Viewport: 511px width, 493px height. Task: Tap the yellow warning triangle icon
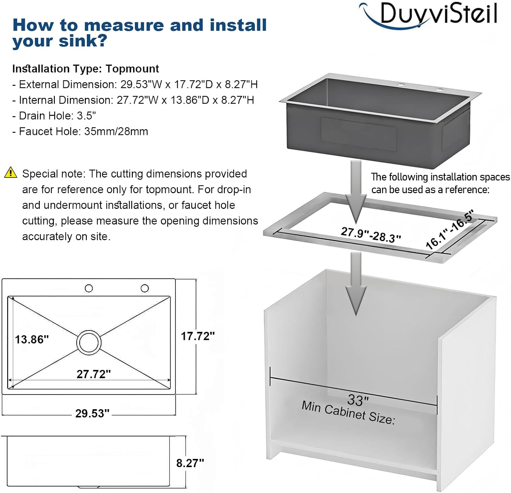11,173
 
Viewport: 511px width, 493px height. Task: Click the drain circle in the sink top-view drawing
89,342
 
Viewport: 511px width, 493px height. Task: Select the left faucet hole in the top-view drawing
89,288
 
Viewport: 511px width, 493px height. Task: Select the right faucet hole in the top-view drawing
144,288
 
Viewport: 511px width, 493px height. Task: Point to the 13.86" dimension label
32,339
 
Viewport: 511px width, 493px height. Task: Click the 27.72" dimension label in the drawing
93,374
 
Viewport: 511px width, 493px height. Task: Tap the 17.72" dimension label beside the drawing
198,336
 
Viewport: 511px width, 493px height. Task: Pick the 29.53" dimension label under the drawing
92,413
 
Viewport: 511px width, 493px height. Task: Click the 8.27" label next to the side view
190,463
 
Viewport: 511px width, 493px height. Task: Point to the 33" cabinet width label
358,400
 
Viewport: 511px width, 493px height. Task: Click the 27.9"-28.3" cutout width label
371,235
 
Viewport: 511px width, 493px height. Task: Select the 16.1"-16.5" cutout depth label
450,230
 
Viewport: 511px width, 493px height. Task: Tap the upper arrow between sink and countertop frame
356,191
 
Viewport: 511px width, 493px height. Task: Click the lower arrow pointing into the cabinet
356,284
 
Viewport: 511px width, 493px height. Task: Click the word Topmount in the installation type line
132,69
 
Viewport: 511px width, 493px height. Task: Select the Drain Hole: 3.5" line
54,116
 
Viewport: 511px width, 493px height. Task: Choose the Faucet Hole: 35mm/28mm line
80,132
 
